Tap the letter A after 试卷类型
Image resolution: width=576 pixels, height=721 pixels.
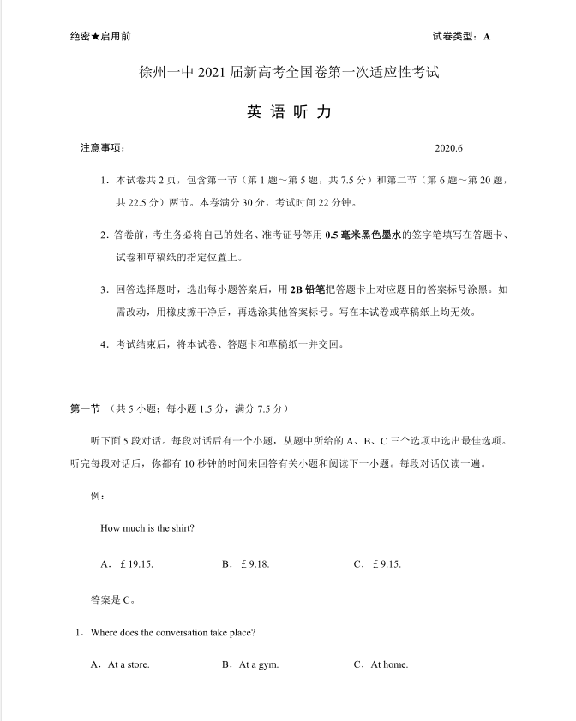coord(487,37)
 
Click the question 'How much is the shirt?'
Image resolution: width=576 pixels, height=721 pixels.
coord(147,528)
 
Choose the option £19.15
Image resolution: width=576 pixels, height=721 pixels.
coord(127,564)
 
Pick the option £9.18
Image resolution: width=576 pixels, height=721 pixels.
coord(246,564)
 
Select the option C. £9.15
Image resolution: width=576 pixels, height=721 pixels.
coord(377,564)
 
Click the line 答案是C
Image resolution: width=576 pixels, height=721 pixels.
coord(112,599)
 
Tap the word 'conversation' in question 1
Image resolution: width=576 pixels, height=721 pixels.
coord(179,633)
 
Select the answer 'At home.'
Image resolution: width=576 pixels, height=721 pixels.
coord(381,665)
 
